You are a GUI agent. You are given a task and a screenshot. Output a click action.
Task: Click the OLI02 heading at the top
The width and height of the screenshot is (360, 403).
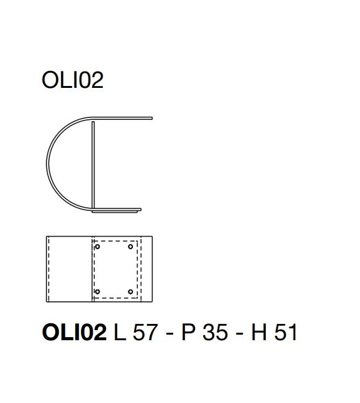coord(71,81)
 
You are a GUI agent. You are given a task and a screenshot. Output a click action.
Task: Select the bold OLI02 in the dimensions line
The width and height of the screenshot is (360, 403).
coord(74,332)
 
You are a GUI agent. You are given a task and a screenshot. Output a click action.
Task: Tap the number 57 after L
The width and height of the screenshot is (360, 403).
coord(144,332)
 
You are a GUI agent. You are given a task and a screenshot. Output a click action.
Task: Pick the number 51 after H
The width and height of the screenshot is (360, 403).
coord(284,332)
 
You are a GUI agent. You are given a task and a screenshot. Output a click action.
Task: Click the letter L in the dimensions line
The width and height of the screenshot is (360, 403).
coord(119,332)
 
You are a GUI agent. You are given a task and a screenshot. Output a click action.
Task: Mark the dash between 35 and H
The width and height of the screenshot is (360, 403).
coord(240,333)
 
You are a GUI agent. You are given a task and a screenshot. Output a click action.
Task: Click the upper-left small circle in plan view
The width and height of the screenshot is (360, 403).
coord(97,247)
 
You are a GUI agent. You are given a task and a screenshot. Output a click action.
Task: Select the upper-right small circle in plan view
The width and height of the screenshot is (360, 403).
coord(130,247)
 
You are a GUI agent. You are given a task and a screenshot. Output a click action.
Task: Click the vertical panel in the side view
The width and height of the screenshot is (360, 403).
coord(93,163)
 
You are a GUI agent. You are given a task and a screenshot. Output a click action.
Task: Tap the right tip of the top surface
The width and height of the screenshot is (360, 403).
coord(151,117)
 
